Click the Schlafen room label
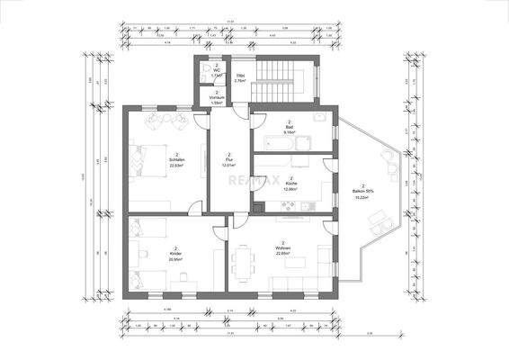click(177, 160)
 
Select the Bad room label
click(290, 127)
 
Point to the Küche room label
click(290, 184)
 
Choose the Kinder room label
click(175, 254)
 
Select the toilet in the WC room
click(208, 68)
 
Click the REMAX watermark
click(254, 180)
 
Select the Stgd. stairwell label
click(240, 76)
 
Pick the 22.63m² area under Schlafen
click(177, 166)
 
